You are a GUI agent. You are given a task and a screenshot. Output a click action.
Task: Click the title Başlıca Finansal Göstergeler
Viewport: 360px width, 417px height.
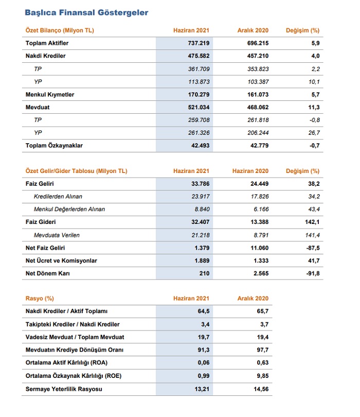[x=86, y=12]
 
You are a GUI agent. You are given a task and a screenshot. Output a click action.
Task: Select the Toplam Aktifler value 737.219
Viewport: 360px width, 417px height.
[x=197, y=43]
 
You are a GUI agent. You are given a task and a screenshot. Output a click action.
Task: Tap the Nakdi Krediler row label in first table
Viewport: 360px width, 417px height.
[x=46, y=56]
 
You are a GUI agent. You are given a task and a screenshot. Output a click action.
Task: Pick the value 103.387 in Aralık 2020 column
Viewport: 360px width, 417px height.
[x=256, y=82]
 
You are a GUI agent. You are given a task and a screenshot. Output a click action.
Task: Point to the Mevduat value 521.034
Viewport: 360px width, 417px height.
[x=197, y=108]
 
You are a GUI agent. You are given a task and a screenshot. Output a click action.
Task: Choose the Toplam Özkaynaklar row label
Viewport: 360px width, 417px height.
[x=54, y=146]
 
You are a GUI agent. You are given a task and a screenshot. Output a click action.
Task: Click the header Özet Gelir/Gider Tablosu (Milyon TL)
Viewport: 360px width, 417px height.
[x=76, y=171]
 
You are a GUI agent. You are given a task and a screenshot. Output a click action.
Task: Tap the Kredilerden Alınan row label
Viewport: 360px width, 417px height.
[x=58, y=196]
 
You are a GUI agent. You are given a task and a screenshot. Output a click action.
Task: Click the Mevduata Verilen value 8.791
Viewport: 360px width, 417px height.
[x=258, y=235]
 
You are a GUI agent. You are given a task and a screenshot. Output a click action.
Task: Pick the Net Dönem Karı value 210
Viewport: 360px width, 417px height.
[x=204, y=273]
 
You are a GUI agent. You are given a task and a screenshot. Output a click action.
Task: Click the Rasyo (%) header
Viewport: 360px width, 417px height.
[x=40, y=299]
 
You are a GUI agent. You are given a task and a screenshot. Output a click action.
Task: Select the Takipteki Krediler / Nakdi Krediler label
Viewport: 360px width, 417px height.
[x=73, y=324]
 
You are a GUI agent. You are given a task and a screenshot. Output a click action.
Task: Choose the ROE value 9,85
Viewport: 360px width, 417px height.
[x=260, y=376]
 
